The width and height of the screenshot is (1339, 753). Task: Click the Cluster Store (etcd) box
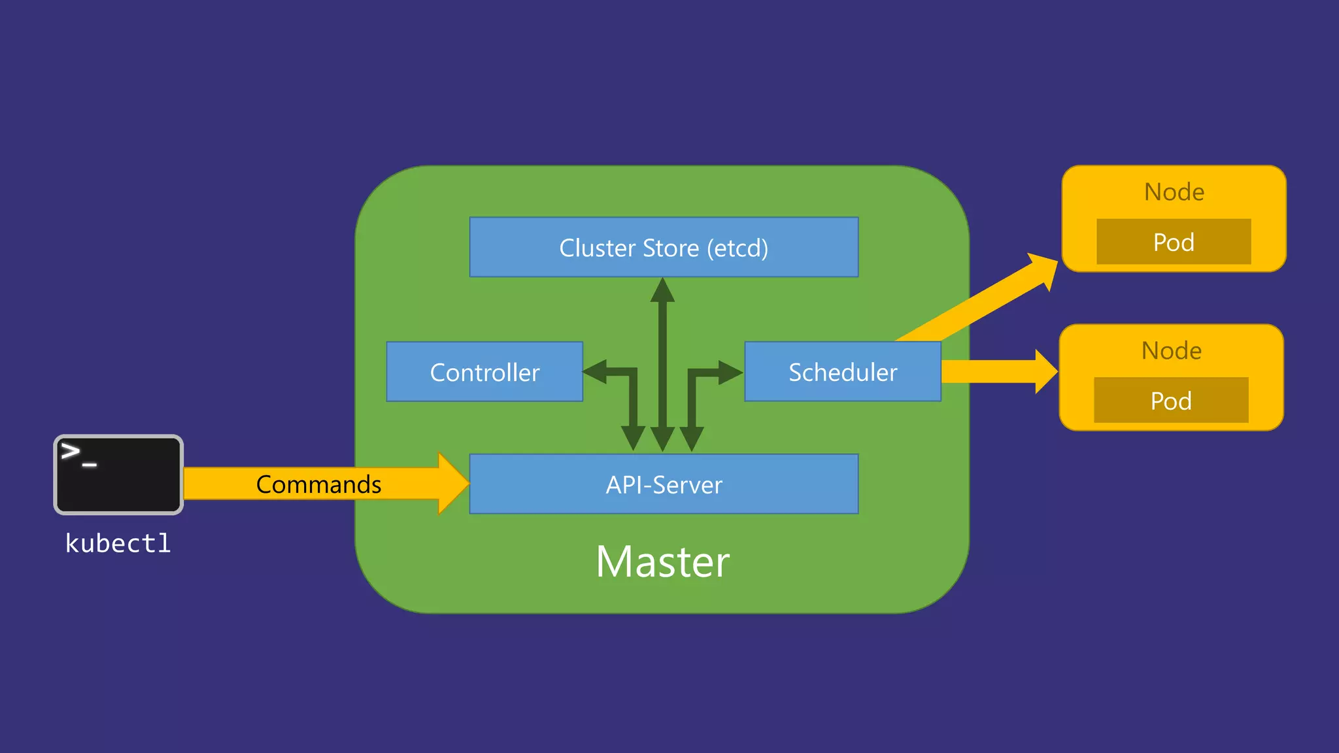click(x=664, y=247)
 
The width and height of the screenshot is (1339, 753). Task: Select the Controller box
click(x=484, y=372)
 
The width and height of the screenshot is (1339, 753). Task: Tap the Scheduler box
click(x=842, y=372)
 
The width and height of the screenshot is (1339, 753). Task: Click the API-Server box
click(x=664, y=484)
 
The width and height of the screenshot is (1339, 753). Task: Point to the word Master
click(x=662, y=561)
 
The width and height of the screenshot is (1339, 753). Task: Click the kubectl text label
click(x=118, y=543)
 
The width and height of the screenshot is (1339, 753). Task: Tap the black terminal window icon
click(x=118, y=475)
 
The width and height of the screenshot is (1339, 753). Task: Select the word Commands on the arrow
click(x=318, y=484)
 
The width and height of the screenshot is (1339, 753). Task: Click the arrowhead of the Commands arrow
click(x=453, y=484)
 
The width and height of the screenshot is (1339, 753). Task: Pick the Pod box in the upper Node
click(x=1174, y=242)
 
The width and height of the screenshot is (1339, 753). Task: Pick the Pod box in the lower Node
click(x=1171, y=400)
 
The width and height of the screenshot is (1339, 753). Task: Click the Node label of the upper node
click(x=1174, y=192)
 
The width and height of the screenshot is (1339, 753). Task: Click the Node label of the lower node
click(x=1171, y=350)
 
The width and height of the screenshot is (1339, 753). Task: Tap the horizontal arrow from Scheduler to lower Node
click(x=994, y=371)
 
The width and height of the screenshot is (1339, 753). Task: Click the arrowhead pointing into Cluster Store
click(x=662, y=290)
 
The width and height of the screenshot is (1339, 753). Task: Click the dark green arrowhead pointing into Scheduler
click(x=730, y=372)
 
